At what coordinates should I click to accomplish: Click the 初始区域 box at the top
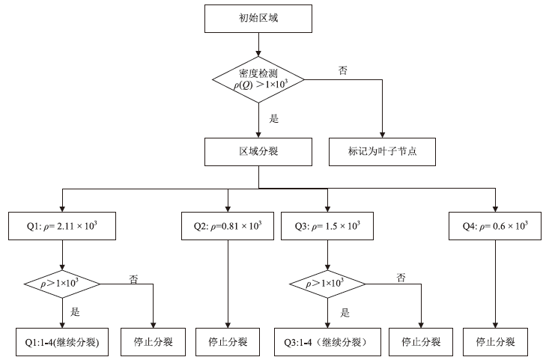tap(258, 17)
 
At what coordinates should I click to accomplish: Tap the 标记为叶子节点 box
tap(382, 151)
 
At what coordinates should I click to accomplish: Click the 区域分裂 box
tap(258, 151)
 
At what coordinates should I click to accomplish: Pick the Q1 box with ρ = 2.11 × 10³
tap(62, 225)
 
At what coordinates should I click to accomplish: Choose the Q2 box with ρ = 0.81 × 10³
tap(227, 225)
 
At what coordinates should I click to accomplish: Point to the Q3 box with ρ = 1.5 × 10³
tap(327, 225)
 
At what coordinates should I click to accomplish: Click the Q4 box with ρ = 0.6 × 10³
tap(495, 225)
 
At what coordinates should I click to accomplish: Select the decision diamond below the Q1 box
tap(62, 283)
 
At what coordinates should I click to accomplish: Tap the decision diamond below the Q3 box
tap(327, 283)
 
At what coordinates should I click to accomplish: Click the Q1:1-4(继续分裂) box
tap(62, 341)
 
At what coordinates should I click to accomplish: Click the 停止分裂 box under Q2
tap(227, 341)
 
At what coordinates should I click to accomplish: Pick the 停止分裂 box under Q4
tap(495, 341)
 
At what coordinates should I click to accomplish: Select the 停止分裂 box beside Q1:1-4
tap(153, 341)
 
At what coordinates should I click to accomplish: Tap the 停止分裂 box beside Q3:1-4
tap(421, 341)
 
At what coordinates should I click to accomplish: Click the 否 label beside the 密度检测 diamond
tap(342, 70)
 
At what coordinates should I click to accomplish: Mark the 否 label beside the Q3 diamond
tap(401, 277)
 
